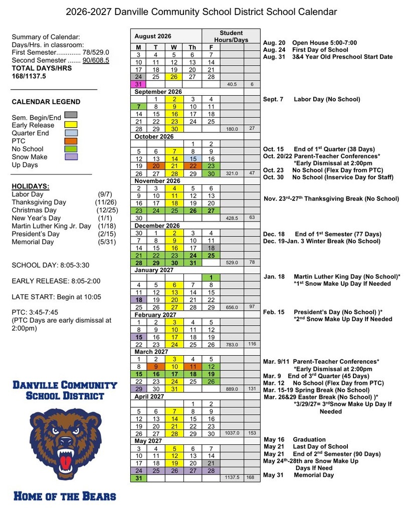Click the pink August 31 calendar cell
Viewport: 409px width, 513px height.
tap(138, 84)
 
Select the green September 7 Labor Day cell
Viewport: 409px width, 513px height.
tap(138, 107)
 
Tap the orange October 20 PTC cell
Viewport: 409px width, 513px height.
tap(156, 166)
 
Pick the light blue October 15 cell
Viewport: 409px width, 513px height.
tap(192, 158)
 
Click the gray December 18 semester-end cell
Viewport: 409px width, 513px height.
tap(211, 248)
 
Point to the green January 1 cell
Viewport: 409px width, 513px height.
tap(211, 278)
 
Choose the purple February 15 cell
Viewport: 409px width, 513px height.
tap(138, 338)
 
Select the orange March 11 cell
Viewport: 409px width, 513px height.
tap(192, 366)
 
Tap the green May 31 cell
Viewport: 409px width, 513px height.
tap(138, 478)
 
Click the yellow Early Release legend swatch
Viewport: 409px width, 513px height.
tap(71, 125)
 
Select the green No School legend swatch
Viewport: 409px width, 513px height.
tap(71, 149)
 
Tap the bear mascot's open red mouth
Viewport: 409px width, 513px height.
tap(66, 460)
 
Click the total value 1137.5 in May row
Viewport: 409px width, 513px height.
tap(232, 478)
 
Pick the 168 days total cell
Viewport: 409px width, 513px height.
tap(252, 478)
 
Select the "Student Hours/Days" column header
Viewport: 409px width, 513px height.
tap(231, 36)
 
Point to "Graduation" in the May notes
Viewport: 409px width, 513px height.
tap(309, 439)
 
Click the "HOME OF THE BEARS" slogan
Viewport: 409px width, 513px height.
tap(65, 496)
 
